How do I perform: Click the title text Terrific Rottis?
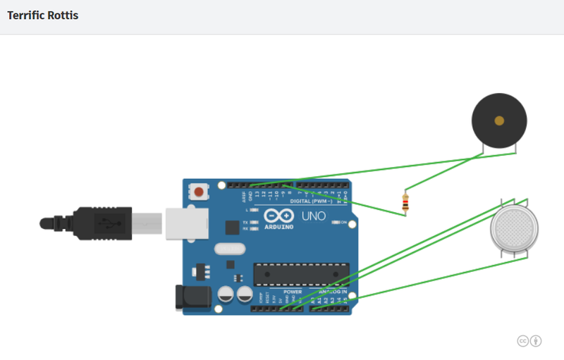(43, 15)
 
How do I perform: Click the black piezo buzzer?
(499, 120)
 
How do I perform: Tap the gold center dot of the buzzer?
(499, 120)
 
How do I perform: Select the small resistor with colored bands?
(405, 203)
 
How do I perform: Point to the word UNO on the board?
(314, 216)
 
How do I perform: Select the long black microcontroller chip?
(301, 274)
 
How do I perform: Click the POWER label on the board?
(293, 292)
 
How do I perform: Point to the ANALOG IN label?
(333, 292)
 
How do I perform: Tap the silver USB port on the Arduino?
(187, 223)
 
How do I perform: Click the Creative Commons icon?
(523, 341)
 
